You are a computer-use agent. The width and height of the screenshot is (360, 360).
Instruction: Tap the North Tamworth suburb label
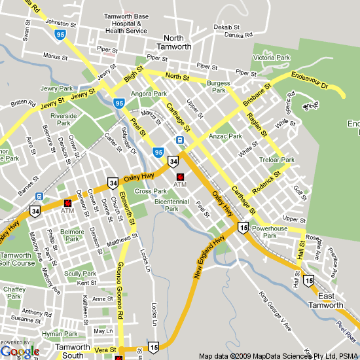tap(173, 42)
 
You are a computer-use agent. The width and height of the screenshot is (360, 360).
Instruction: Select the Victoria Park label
tap(271, 58)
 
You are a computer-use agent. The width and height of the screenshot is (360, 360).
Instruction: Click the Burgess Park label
tap(218, 87)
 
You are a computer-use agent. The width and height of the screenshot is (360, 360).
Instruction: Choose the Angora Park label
tap(149, 94)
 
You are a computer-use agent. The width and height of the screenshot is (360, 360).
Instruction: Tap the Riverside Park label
tap(63, 119)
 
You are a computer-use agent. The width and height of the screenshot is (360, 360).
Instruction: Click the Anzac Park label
tap(225, 137)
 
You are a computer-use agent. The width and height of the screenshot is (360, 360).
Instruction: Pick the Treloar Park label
tap(278, 160)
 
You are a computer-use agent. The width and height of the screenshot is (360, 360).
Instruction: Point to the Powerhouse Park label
tap(270, 232)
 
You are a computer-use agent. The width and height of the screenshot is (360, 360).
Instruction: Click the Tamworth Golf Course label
tap(17, 259)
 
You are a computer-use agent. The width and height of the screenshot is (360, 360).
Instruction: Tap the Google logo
tap(20, 351)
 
